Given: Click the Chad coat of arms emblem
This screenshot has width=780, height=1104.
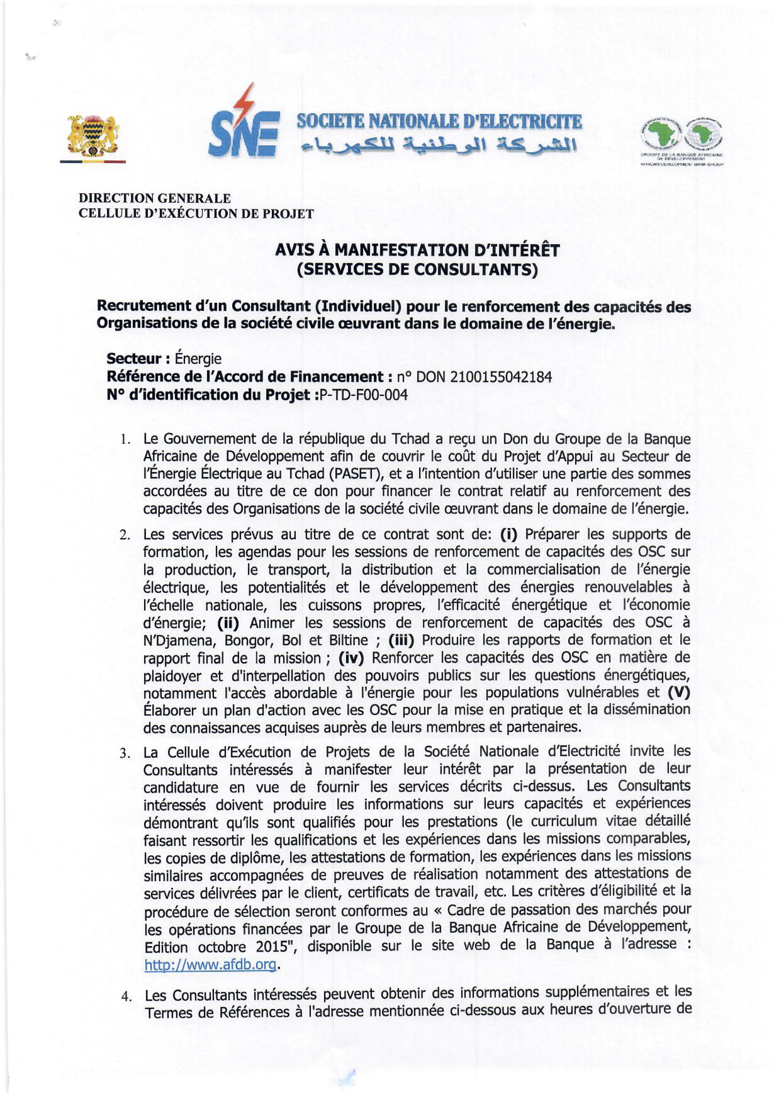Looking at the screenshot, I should click(93, 137).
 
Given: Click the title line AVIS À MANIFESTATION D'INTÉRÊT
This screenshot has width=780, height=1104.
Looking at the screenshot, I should click(417, 250).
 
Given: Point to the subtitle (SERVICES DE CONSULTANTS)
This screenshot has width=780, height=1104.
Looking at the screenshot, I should click(417, 269).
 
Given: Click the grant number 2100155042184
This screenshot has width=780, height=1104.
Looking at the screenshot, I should click(501, 376).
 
